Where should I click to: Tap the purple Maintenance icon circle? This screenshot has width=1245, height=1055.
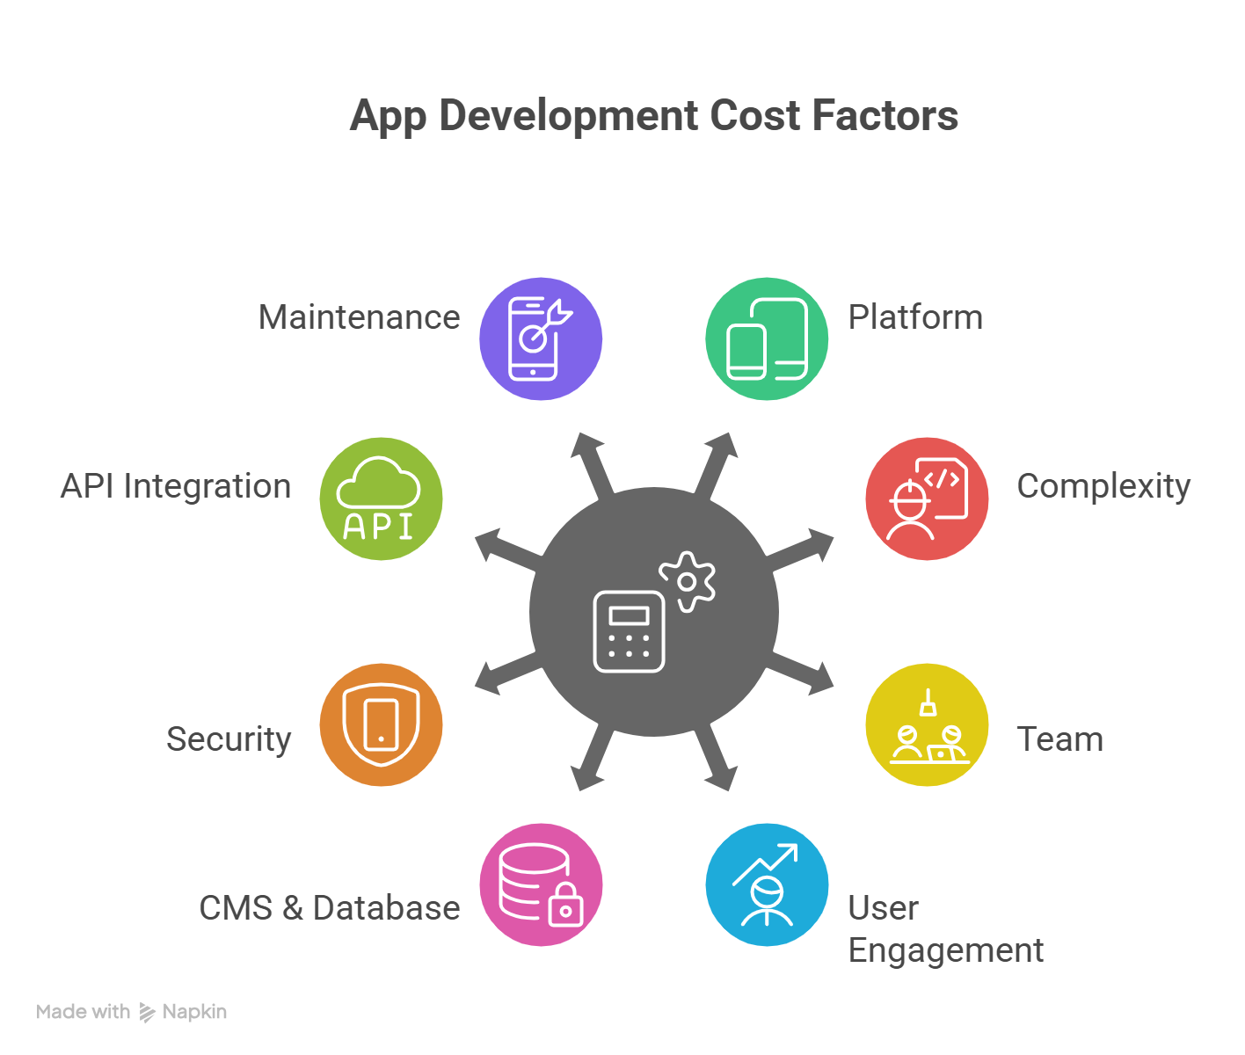(541, 338)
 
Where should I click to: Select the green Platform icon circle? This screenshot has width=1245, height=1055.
(767, 338)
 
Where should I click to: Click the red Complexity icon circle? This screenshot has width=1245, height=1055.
(927, 498)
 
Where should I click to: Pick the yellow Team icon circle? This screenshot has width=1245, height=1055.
(927, 724)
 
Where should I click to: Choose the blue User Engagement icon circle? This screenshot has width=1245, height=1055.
(767, 884)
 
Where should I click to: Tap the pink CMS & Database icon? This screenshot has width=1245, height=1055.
(541, 884)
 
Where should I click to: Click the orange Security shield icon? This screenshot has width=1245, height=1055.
(381, 724)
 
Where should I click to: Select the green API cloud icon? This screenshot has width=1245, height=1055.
(381, 498)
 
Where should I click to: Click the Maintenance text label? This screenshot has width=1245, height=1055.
(359, 317)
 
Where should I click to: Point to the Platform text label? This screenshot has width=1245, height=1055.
(915, 317)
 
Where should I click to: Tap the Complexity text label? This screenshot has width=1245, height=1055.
(1103, 486)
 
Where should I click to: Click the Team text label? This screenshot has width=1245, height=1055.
(1059, 739)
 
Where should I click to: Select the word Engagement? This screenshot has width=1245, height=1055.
(945, 950)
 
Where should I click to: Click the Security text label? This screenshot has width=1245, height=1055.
(229, 739)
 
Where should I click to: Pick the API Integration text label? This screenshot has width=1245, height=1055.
(176, 486)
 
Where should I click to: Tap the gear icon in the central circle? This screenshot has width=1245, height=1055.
(688, 581)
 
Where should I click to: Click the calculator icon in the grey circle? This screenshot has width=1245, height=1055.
(629, 631)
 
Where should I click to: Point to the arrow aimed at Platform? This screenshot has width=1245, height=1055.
(714, 465)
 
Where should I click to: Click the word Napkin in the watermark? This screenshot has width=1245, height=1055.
(194, 1012)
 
